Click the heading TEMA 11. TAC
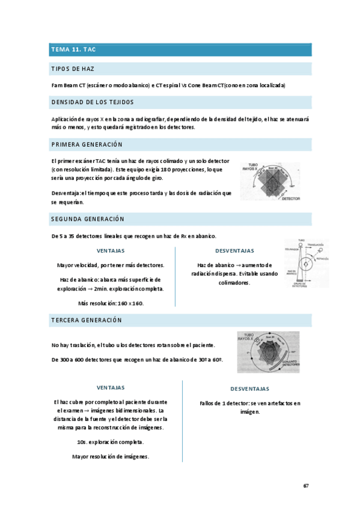73,50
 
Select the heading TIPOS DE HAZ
73,69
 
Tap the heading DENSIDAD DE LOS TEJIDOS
93,102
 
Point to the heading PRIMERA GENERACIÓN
87,145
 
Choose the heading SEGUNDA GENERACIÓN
88,219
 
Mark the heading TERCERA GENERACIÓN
87,321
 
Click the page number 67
306,485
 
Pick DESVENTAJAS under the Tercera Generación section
241,389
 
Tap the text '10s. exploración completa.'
111,442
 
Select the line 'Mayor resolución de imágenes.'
111,456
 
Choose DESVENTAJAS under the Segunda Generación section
234,251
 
